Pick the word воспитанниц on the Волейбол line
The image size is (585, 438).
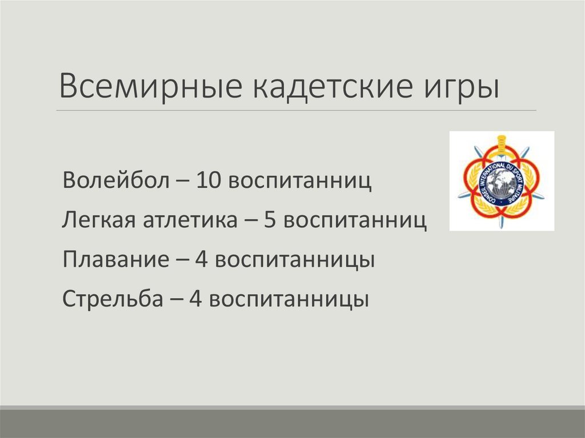300,182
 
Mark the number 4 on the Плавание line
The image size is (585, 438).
201,259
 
